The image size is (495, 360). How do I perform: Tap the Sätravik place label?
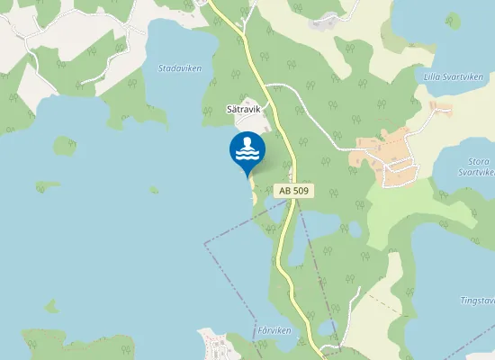pyautogui.click(x=243, y=109)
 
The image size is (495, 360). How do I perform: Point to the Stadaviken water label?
pyautogui.click(x=180, y=68)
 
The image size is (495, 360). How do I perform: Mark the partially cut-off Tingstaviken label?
pyautogui.click(x=477, y=301)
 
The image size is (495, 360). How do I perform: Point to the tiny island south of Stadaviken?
pyautogui.click(x=154, y=190)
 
